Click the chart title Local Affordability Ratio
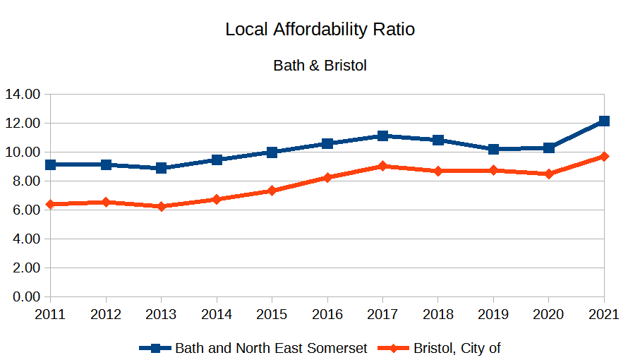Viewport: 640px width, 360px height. pyautogui.click(x=320, y=30)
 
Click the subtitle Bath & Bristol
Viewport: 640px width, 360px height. pyautogui.click(x=320, y=66)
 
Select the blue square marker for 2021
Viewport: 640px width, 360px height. pyautogui.click(x=604, y=121)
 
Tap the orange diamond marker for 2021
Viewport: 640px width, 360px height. pyautogui.click(x=604, y=157)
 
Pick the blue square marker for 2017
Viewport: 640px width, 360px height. pyautogui.click(x=382, y=136)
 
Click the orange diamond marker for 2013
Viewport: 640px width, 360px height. pyautogui.click(x=162, y=206)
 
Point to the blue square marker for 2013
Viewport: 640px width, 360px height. pyautogui.click(x=162, y=168)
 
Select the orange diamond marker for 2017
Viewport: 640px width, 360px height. pyautogui.click(x=382, y=166)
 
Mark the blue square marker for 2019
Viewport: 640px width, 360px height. pyautogui.click(x=493, y=149)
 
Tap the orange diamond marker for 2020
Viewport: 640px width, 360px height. pyautogui.click(x=549, y=174)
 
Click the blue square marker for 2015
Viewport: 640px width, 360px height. pyautogui.click(x=272, y=152)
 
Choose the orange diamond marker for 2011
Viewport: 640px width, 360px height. pyautogui.click(x=51, y=204)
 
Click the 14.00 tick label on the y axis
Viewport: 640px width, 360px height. pyautogui.click(x=24, y=94)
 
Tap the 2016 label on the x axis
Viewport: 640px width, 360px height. pyautogui.click(x=327, y=315)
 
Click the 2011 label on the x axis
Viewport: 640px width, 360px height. pyautogui.click(x=51, y=315)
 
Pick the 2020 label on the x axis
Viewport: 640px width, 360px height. pyautogui.click(x=549, y=315)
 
